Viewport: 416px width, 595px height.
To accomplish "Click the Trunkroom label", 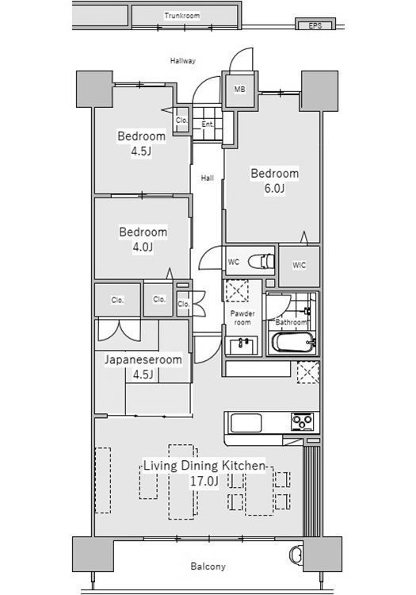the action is tap(182, 16).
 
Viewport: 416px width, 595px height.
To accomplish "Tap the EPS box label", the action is tap(315, 26).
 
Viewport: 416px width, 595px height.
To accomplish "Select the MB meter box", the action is tap(240, 90).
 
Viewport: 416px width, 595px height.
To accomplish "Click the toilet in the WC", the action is tap(261, 261).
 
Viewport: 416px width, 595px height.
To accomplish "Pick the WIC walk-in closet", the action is tap(300, 266).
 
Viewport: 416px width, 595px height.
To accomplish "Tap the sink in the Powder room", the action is tap(241, 345).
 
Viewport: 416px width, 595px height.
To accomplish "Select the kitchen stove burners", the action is tap(302, 421).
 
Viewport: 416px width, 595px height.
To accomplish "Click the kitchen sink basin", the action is tap(246, 423).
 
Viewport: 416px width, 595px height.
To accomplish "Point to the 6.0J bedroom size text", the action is tap(274, 189).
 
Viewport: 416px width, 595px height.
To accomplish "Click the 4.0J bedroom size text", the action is tap(143, 248).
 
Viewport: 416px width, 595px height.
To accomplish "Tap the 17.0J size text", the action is tap(204, 482).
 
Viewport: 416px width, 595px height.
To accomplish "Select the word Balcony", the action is tap(208, 566).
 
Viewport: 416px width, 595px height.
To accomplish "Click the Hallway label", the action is tap(182, 61).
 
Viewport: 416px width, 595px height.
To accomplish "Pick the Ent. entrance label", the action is tap(208, 124).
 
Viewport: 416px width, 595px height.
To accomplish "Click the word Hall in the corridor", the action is tap(208, 178).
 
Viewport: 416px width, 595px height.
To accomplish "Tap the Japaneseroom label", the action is tap(143, 359).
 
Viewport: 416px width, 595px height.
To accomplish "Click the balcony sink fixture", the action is tap(296, 555).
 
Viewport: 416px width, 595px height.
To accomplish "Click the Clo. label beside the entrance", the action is tap(182, 121).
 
